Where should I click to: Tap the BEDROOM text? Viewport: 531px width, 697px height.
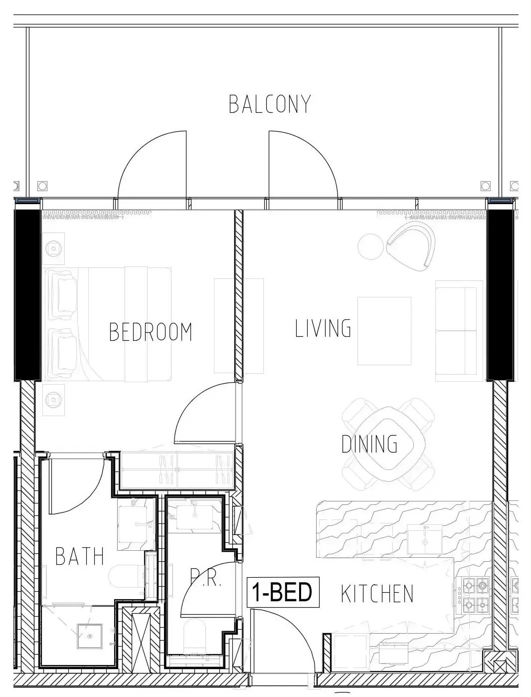151,332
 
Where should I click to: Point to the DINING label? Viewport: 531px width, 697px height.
369,444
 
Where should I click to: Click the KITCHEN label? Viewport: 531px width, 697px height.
377,594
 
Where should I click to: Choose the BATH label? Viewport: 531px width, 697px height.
80,556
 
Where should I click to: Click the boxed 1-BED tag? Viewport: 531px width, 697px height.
283,592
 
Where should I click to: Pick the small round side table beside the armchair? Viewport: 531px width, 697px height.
370,246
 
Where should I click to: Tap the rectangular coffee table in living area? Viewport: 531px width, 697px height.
384,331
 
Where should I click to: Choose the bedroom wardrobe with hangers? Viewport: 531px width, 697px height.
177,470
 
